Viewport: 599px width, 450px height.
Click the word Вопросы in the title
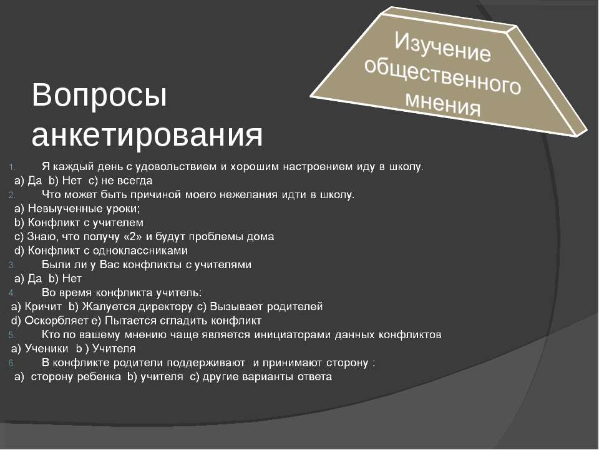click(99, 96)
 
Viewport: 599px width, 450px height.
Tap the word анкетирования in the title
click(147, 135)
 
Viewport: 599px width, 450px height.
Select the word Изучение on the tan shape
click(443, 47)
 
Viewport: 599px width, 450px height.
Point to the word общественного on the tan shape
click(442, 76)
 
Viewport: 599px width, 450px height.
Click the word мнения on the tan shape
click(443, 102)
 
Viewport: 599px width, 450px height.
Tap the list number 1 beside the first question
click(11, 167)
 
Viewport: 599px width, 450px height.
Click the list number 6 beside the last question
click(12, 363)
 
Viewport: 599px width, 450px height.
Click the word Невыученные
click(66, 209)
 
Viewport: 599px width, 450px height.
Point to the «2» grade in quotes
click(132, 237)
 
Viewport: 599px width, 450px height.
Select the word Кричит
click(43, 307)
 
